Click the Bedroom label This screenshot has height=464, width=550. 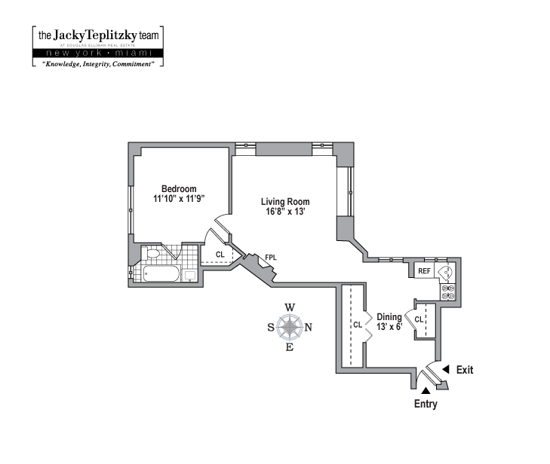[x=179, y=189]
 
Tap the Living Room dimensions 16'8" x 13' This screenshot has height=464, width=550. [x=285, y=212]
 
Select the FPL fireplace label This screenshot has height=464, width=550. [x=270, y=258]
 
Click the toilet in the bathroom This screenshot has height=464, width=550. [x=153, y=254]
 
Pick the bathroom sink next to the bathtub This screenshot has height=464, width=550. [x=191, y=274]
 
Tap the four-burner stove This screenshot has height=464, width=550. [x=447, y=292]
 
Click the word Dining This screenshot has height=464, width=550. [x=389, y=317]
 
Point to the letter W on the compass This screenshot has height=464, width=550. [x=290, y=307]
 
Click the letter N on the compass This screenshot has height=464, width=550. [x=308, y=327]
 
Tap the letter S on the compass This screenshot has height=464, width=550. [x=272, y=327]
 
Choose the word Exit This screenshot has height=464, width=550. [x=466, y=369]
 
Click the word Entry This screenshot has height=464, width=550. [x=426, y=404]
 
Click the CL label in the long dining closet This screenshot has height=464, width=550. [x=358, y=325]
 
